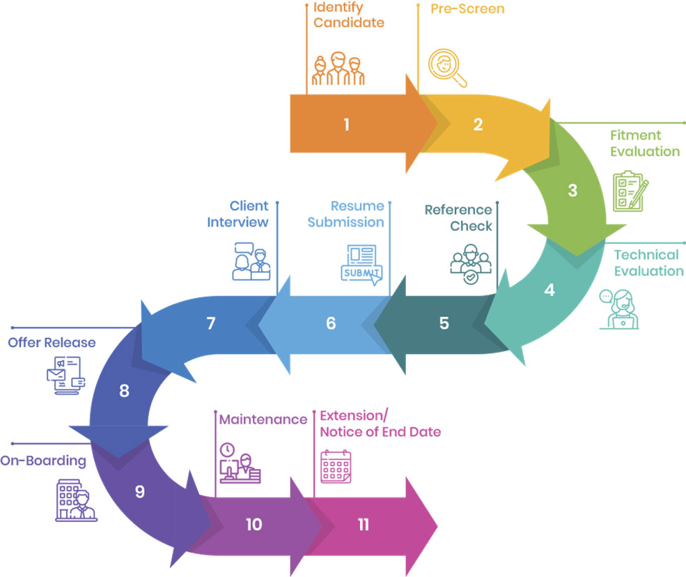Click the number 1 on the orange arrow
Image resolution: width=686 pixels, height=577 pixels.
tap(346, 125)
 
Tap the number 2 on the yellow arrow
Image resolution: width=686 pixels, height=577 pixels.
tap(478, 125)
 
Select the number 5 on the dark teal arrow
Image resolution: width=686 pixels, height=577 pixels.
tap(444, 324)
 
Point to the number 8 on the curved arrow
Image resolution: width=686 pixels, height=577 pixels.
tap(124, 391)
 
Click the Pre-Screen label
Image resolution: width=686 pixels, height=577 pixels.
tap(467, 9)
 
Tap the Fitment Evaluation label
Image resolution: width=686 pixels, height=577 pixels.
tap(645, 143)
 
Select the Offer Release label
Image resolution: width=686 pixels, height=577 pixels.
tap(52, 343)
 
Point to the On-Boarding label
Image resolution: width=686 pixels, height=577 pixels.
tap(43, 461)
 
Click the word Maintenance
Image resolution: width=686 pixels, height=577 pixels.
tap(263, 420)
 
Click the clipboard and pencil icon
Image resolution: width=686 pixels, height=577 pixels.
tap(630, 190)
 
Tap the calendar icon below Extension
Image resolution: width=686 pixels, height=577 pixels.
tap(336, 466)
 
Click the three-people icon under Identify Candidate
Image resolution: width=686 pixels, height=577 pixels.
tap(338, 69)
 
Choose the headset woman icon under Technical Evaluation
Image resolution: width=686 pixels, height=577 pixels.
tap(618, 308)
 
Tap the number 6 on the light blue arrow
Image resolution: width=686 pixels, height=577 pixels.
tap(331, 324)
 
